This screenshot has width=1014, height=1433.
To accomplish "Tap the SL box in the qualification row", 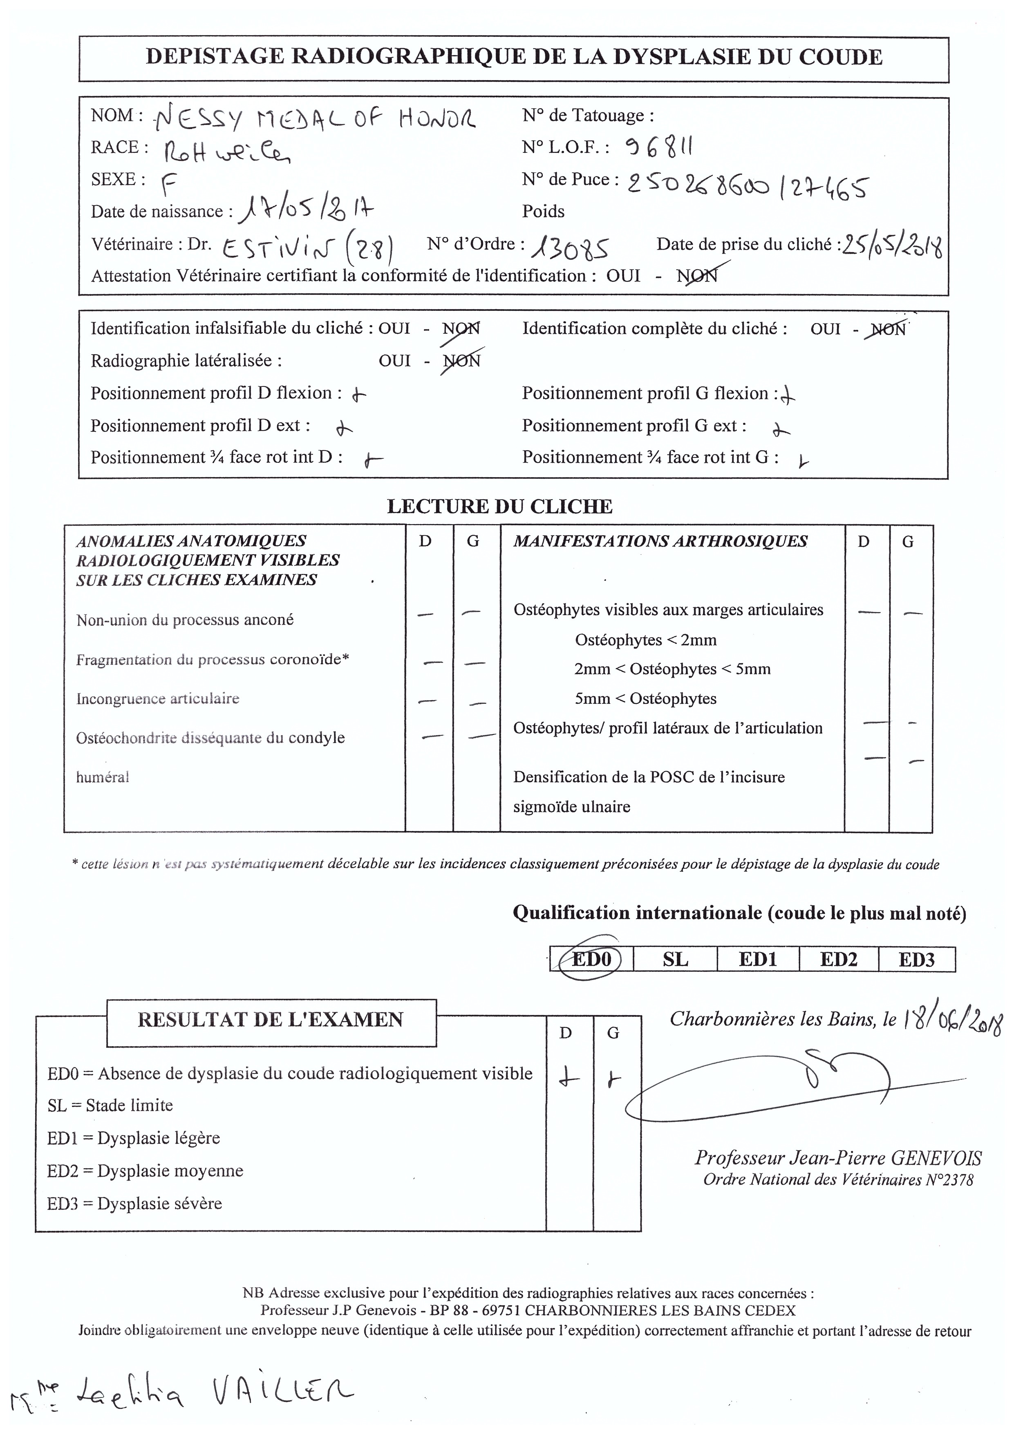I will (x=675, y=959).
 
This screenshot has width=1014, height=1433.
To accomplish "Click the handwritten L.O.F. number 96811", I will (x=659, y=147).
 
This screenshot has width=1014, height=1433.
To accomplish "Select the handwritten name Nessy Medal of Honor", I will (x=315, y=117).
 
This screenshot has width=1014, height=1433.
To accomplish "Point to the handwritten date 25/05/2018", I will (x=892, y=245).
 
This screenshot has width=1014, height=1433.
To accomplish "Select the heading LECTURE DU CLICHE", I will (x=499, y=506).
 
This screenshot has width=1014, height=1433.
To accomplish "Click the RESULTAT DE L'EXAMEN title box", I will (x=271, y=1020).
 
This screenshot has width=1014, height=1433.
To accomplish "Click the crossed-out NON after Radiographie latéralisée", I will (x=461, y=361).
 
